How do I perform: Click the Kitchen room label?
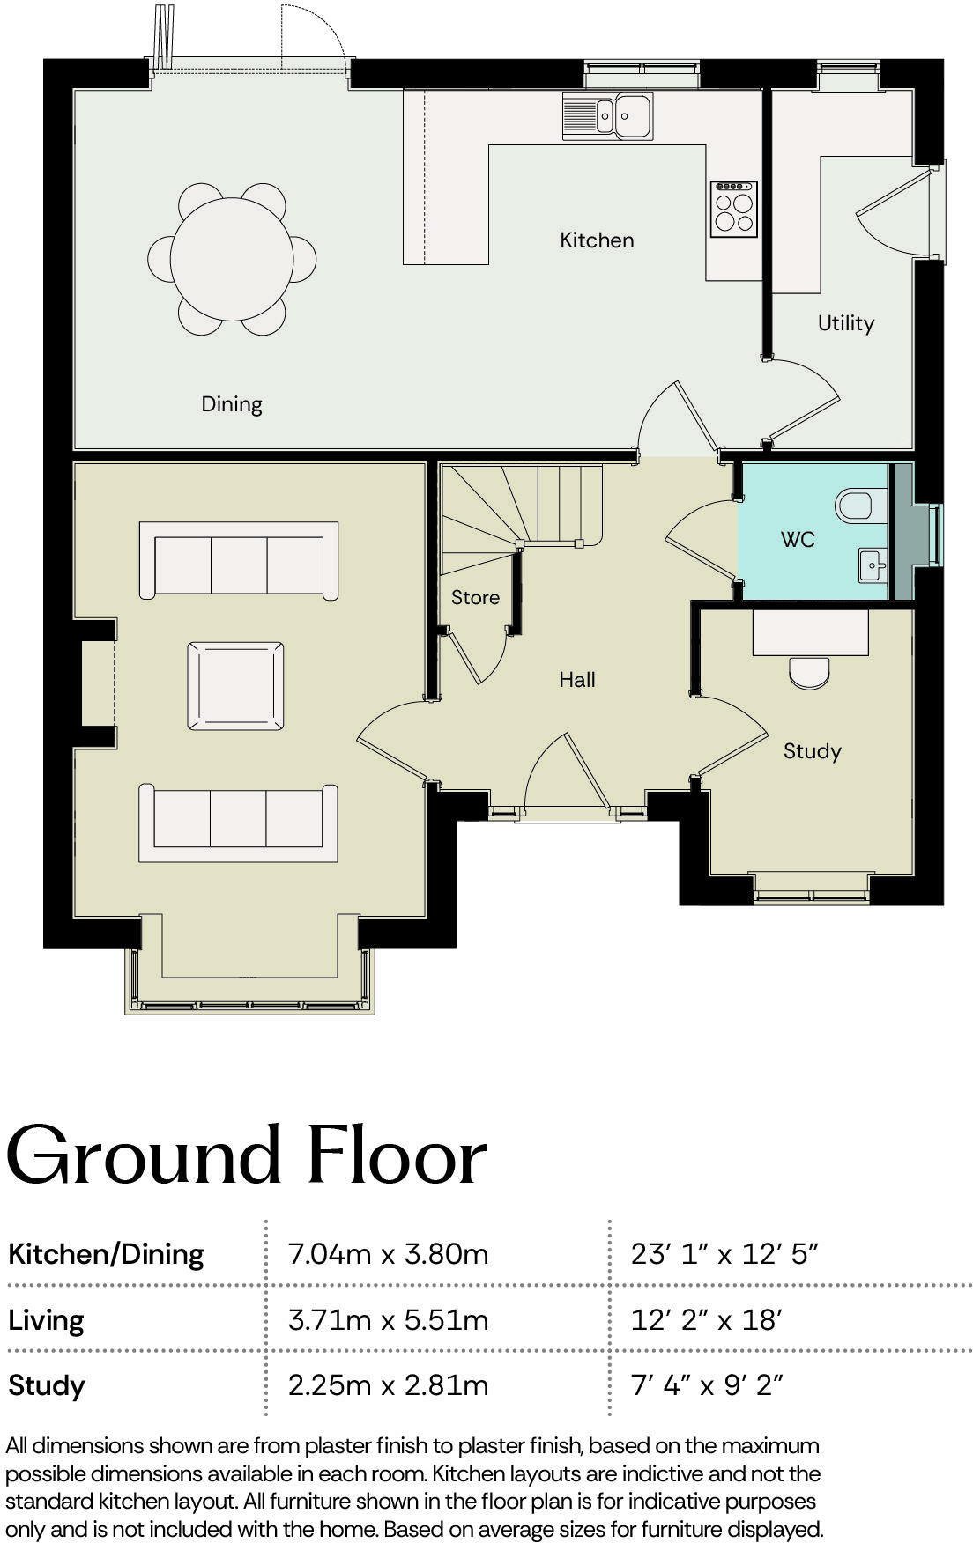[597, 240]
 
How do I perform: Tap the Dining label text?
[232, 404]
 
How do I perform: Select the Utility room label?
[845, 323]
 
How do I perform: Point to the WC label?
[798, 539]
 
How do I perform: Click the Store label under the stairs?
[475, 597]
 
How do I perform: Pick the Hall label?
[577, 679]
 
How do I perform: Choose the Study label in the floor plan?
[812, 751]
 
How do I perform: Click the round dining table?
[232, 259]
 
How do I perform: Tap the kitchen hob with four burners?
[734, 209]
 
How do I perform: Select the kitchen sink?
[608, 116]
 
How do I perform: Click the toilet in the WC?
[854, 506]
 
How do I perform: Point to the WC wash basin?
[873, 563]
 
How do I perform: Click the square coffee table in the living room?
[235, 686]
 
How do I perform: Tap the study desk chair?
[809, 673]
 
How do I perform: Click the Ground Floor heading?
[246, 1155]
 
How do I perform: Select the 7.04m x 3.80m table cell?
[388, 1253]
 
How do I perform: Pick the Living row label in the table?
[46, 1320]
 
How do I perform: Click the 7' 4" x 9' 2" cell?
[706, 1385]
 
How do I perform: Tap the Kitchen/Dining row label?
[106, 1253]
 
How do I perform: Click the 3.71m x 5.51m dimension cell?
[388, 1320]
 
